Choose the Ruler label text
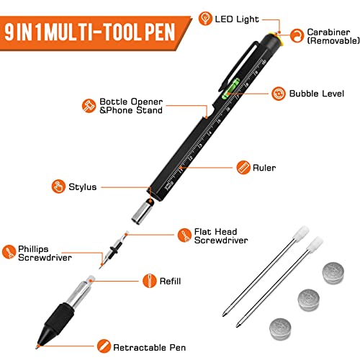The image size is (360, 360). [x=265, y=168]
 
